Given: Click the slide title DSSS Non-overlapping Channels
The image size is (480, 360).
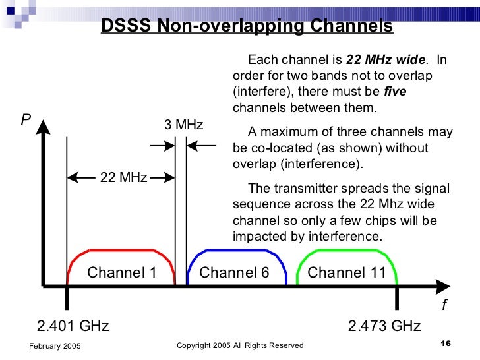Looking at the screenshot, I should (247, 26).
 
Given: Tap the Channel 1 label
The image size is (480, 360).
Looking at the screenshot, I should (122, 272).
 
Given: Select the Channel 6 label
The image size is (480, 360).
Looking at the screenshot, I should (234, 272).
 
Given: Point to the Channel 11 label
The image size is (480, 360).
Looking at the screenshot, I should (346, 272).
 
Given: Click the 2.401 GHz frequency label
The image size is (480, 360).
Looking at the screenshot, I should (73, 326).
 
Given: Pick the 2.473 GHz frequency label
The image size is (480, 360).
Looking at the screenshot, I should (384, 326).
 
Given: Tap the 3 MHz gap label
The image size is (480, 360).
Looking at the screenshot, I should (183, 125).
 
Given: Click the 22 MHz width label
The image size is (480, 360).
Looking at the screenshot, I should (123, 177).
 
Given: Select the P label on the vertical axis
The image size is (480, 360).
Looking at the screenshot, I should (26, 119).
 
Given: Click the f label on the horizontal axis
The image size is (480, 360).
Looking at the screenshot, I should (444, 305).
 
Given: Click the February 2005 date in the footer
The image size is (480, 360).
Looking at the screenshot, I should (55, 345).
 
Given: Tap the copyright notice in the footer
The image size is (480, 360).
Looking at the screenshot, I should (241, 345).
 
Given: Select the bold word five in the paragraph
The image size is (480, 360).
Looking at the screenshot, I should (395, 92).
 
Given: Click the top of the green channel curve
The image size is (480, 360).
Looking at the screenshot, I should (346, 251).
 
